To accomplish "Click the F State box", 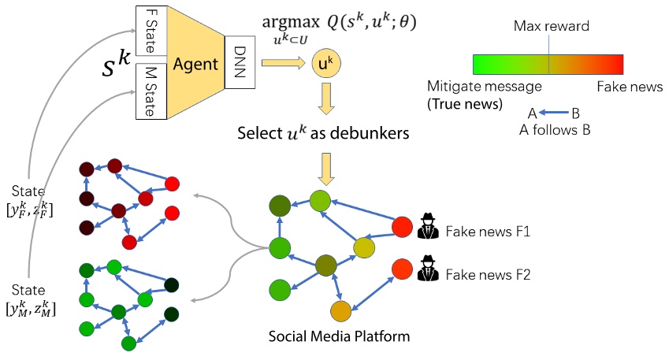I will [x=148, y=31].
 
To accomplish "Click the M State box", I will [x=148, y=91].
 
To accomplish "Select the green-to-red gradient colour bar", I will [x=548, y=64].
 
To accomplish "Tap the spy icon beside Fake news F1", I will [x=427, y=227].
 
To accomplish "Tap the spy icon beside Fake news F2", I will [x=427, y=269].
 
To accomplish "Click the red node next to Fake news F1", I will [x=402, y=228].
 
